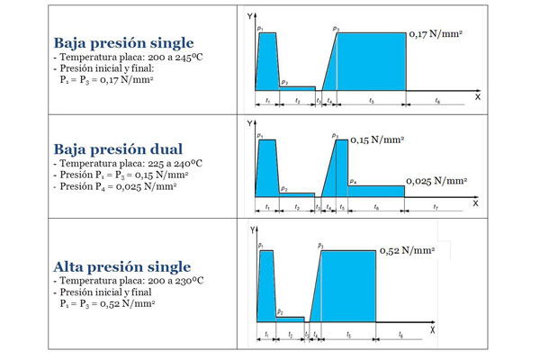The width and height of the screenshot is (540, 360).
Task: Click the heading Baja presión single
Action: [123, 42]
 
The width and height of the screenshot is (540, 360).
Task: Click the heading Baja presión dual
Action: [118, 148]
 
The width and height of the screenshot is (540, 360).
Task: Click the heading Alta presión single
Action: [121, 266]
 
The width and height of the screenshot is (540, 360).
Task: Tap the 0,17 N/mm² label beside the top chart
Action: [436, 33]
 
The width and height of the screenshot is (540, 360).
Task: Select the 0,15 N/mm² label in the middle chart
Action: [376, 140]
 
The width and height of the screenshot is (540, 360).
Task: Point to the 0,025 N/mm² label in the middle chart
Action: [437, 181]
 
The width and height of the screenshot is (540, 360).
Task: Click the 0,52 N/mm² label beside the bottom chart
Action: [408, 250]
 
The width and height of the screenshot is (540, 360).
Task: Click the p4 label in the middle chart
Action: [353, 181]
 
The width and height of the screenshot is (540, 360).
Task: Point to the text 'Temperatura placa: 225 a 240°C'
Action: [129, 164]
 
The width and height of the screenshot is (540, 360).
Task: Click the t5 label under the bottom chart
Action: [348, 334]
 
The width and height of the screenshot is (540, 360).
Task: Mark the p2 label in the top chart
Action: [284, 83]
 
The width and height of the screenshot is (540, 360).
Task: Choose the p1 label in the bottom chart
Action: [260, 245]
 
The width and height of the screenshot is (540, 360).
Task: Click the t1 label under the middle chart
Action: [267, 207]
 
